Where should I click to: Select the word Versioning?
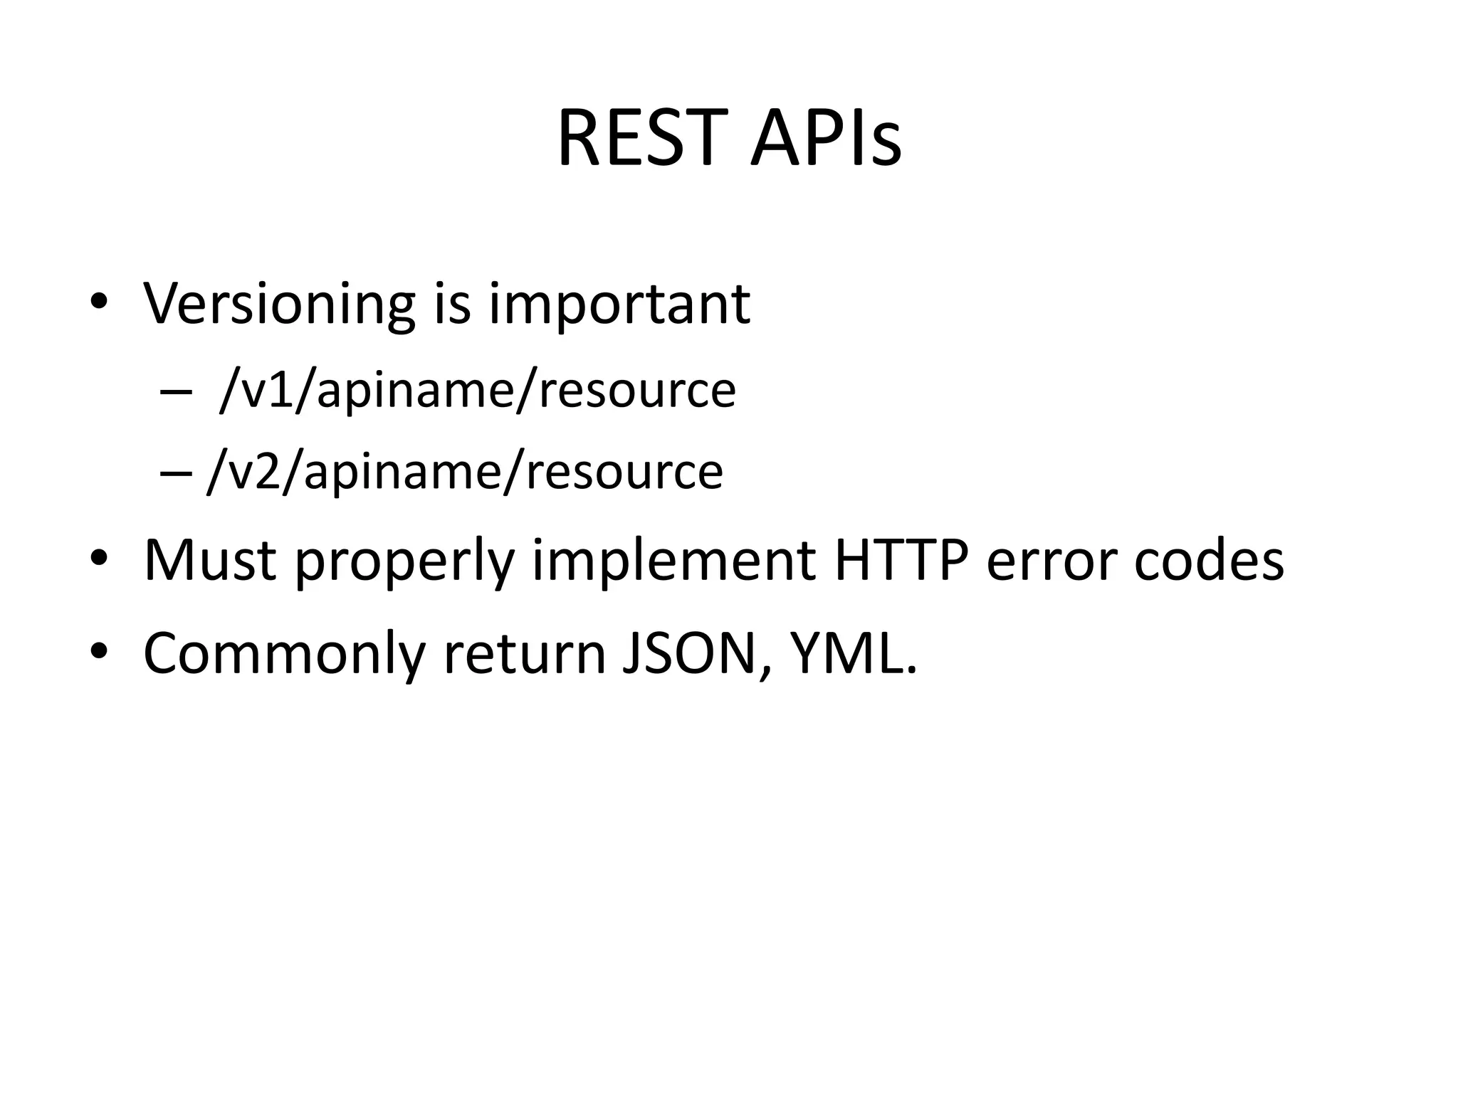(x=278, y=304)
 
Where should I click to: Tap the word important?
(x=619, y=304)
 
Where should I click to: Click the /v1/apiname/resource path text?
(x=478, y=390)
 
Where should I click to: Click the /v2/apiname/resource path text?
(x=465, y=472)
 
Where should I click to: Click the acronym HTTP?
(x=901, y=561)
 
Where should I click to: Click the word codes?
(x=1208, y=561)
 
